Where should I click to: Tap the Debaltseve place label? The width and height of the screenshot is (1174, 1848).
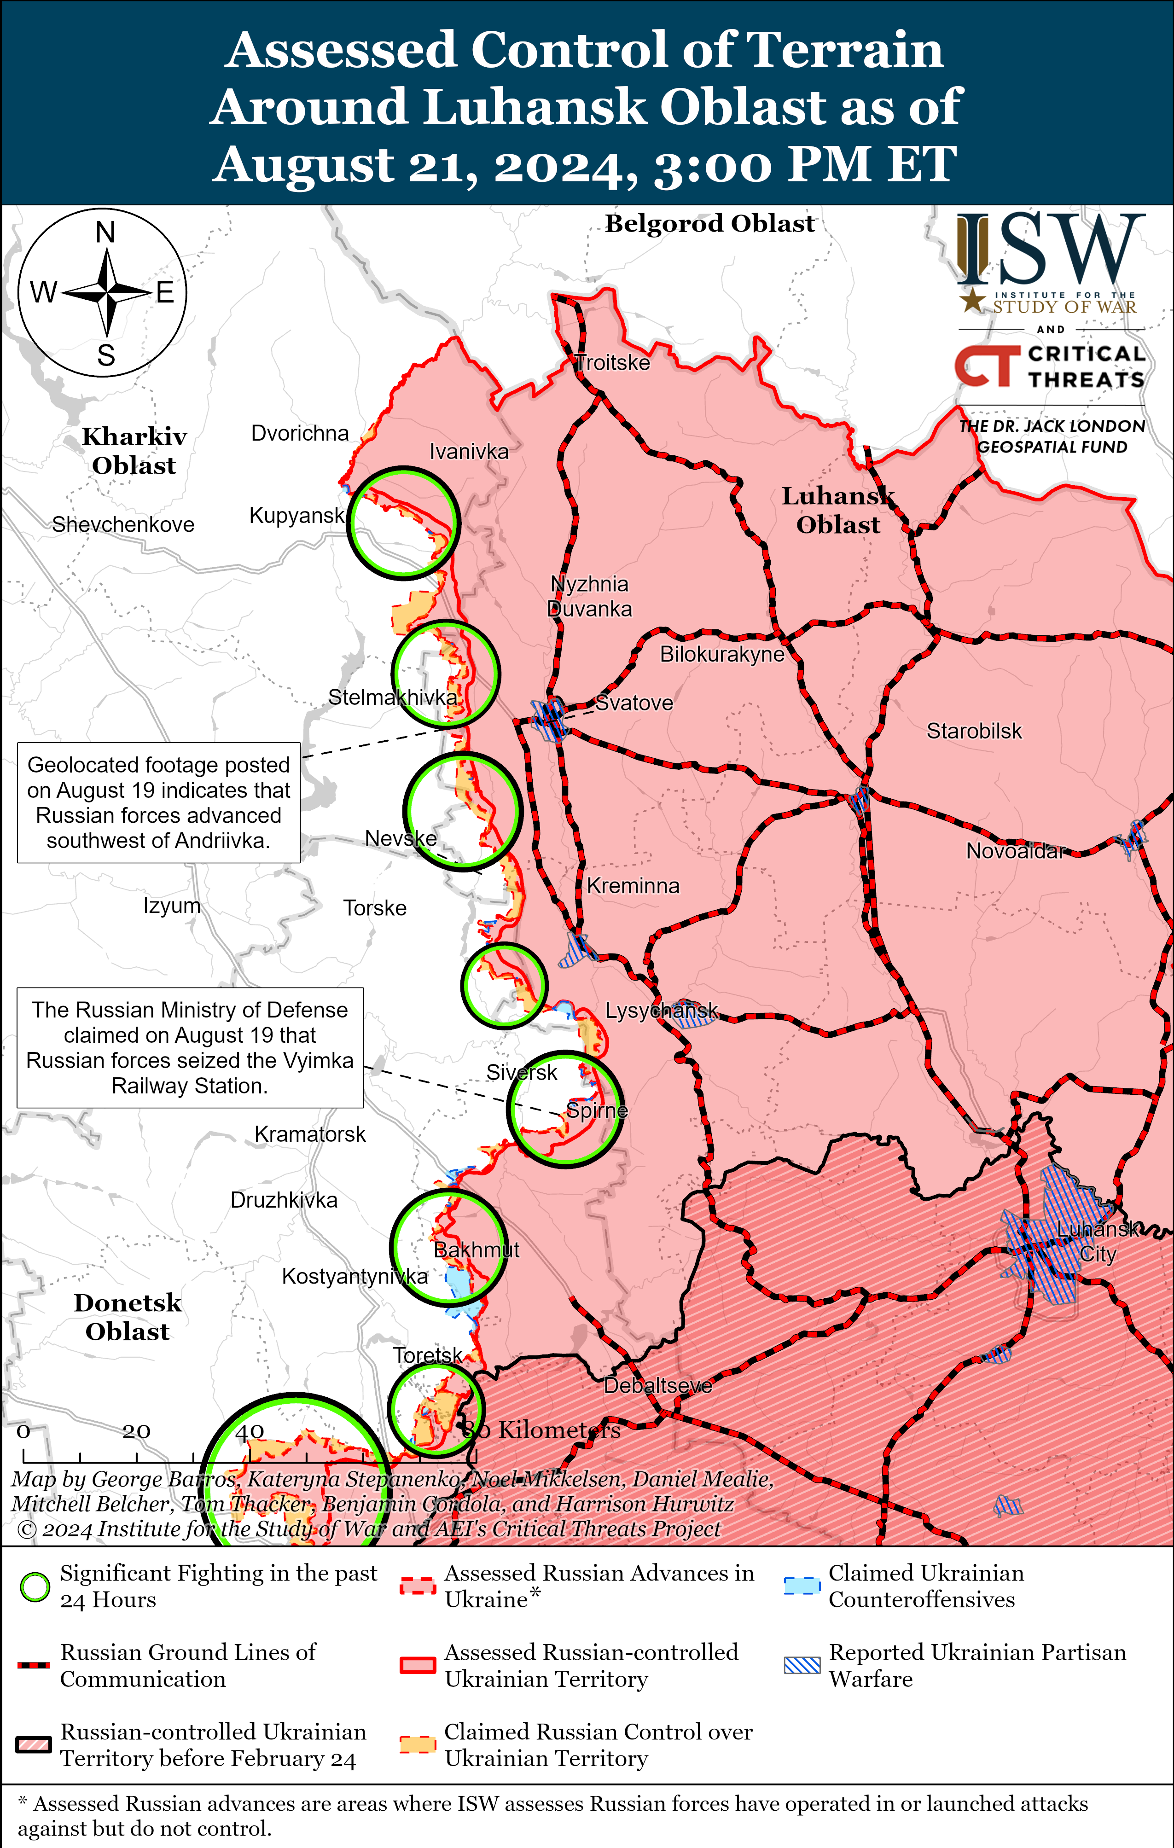pyautogui.click(x=657, y=1385)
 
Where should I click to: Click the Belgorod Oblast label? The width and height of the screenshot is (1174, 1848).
pyautogui.click(x=710, y=223)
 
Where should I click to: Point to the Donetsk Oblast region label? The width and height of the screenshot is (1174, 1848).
pyautogui.click(x=128, y=1316)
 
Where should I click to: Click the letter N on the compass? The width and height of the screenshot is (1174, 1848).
pyautogui.click(x=105, y=232)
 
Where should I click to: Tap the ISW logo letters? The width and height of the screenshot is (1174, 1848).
pyautogui.click(x=1051, y=250)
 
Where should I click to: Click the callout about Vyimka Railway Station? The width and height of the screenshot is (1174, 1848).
pyautogui.click(x=190, y=1047)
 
